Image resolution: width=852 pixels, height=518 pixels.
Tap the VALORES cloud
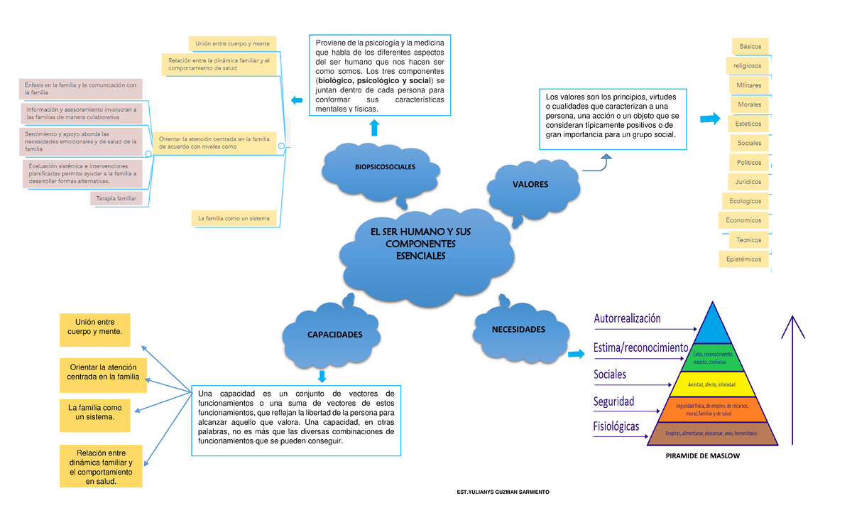click(x=530, y=185)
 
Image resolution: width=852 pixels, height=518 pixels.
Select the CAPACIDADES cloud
click(x=334, y=335)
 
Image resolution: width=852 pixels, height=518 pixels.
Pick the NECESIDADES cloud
click(x=519, y=330)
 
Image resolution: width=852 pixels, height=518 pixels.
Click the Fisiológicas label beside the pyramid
click(x=616, y=426)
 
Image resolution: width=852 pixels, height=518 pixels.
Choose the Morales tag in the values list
click(x=749, y=104)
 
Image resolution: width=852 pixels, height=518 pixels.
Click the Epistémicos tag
click(x=743, y=259)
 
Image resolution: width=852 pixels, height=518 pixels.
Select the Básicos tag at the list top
click(x=750, y=46)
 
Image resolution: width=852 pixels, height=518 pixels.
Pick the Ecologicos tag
click(x=745, y=201)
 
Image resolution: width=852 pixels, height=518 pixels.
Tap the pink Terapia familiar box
click(x=116, y=198)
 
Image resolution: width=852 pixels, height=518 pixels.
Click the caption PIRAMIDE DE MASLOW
click(x=702, y=456)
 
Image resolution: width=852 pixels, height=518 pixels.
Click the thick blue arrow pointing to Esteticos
click(x=709, y=119)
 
